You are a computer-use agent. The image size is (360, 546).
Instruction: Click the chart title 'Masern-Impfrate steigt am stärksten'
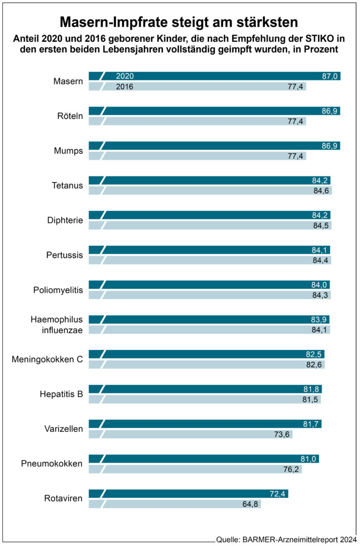click(179, 22)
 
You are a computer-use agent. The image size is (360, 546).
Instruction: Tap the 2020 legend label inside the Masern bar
click(125, 76)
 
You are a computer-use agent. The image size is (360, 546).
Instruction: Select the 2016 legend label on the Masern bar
click(125, 86)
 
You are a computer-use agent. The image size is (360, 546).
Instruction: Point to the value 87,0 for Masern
click(330, 76)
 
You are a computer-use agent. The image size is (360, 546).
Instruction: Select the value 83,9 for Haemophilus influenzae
click(320, 319)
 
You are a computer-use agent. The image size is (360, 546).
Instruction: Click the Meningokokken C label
click(47, 359)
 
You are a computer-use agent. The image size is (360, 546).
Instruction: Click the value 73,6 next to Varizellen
click(283, 433)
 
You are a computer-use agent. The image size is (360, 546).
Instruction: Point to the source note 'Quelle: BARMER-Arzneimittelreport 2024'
click(286, 539)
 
